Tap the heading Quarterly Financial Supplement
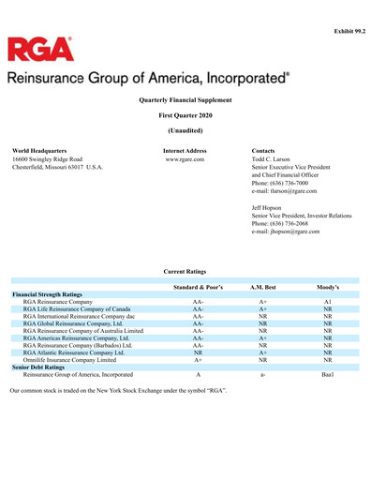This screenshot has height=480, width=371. click(x=185, y=98)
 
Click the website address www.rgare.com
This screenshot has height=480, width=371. click(x=185, y=159)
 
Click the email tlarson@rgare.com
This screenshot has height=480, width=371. click(x=286, y=191)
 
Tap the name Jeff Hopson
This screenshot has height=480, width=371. click(x=269, y=207)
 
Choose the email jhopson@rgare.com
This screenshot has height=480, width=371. click(x=286, y=231)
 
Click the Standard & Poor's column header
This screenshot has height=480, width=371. click(x=198, y=286)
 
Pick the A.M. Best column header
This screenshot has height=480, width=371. click(x=264, y=286)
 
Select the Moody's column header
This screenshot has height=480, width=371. click(x=327, y=286)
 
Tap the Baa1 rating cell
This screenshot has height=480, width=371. click(x=327, y=374)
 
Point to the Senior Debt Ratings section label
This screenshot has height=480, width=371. click(x=44, y=367)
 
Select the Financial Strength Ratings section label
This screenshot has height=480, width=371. click(x=53, y=294)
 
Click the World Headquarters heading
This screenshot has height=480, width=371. click(x=39, y=150)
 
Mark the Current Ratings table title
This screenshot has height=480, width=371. click(x=185, y=270)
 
